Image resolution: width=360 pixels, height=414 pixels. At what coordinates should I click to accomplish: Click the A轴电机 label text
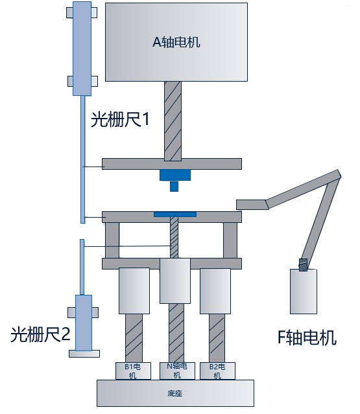pyautogui.click(x=176, y=41)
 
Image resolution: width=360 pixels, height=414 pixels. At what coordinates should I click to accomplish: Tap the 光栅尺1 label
pyautogui.click(x=120, y=119)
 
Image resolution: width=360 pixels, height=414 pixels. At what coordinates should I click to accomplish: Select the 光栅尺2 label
pyautogui.click(x=40, y=334)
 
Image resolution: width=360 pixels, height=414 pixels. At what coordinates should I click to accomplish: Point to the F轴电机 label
pyautogui.click(x=307, y=338)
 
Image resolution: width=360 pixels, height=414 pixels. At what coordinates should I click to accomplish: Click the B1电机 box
pyautogui.click(x=133, y=371)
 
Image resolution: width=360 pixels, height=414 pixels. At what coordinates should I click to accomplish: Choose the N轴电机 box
pyautogui.click(x=177, y=371)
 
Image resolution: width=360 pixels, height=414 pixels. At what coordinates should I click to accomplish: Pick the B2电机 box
pyautogui.click(x=217, y=371)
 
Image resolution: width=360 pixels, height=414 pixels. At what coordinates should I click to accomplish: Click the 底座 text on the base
pyautogui.click(x=175, y=393)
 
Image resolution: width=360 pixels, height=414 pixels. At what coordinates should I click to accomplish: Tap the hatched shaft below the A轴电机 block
pyautogui.click(x=173, y=121)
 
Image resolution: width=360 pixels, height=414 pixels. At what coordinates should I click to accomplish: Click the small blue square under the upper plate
pyautogui.click(x=174, y=187)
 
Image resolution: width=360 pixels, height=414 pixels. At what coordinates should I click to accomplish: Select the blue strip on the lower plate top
pyautogui.click(x=175, y=214)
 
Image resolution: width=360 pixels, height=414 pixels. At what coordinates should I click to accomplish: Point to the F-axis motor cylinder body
pyautogui.click(x=304, y=292)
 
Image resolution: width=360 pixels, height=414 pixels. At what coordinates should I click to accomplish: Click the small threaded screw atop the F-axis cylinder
pyautogui.click(x=304, y=264)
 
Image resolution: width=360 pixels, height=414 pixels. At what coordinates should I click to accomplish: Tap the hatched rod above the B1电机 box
pyautogui.click(x=134, y=338)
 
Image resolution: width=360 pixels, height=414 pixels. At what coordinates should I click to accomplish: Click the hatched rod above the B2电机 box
pyautogui.click(x=217, y=338)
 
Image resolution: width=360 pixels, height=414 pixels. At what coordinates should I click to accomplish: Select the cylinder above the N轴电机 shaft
pyautogui.click(x=175, y=281)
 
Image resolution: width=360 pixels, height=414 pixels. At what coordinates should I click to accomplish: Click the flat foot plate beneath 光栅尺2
pyautogui.click(x=84, y=354)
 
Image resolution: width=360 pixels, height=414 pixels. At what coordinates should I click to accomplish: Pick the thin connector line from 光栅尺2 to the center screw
pyautogui.click(x=128, y=246)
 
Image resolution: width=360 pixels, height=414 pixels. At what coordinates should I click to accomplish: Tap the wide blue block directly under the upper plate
pyautogui.click(x=175, y=175)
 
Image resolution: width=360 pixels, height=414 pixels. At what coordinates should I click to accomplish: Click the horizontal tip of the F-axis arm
pyautogui.click(x=252, y=205)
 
